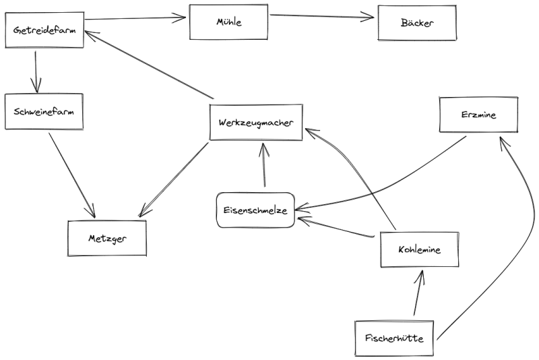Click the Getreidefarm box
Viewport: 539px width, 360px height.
click(44, 30)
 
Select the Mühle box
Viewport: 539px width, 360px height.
click(228, 22)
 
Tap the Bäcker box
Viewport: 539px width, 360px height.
click(417, 23)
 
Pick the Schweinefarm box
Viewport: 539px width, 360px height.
click(44, 111)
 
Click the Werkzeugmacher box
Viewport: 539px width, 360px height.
click(256, 123)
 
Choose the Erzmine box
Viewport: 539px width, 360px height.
click(478, 115)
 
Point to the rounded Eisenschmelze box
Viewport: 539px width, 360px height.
click(255, 210)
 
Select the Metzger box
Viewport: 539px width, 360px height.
click(107, 238)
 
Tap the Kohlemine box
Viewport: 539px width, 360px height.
click(419, 249)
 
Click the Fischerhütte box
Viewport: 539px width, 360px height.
click(394, 338)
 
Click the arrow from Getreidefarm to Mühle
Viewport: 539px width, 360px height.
click(135, 18)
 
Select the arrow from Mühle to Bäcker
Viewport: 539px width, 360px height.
click(322, 16)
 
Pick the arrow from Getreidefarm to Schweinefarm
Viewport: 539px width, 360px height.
click(36, 72)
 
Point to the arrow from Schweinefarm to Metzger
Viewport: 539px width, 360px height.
click(71, 175)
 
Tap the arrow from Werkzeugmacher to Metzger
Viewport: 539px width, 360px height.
click(174, 179)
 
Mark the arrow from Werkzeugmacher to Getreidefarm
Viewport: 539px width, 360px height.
click(149, 64)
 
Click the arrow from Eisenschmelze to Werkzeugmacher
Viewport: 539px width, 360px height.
click(264, 165)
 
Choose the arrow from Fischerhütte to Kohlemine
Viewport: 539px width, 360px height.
click(418, 293)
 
